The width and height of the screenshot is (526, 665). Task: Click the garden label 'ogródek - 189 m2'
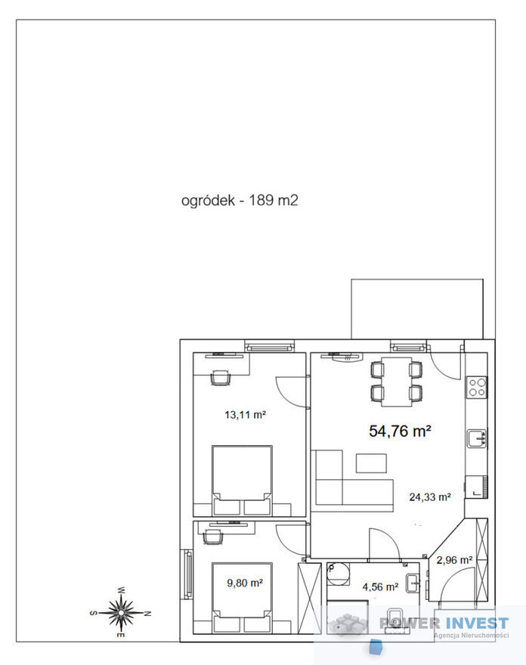pos(240,200)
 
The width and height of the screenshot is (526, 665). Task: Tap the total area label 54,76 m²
pos(400,431)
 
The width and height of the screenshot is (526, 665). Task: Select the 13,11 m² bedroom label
pos(245,414)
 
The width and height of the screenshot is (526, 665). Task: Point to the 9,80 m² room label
pos(245,583)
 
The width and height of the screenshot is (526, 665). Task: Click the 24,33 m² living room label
pos(430,496)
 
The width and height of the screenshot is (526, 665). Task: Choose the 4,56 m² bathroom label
pos(380,587)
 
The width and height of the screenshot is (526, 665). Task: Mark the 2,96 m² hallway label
pos(454,560)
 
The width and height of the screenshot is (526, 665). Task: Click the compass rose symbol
pos(121,612)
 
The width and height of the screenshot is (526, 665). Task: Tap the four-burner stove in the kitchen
pos(477,387)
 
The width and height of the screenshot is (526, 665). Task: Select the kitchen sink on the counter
pos(477,438)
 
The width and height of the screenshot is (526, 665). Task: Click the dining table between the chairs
pos(397,382)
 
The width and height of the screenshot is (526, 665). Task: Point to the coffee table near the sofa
pos(371,463)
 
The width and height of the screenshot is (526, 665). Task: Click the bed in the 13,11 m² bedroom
pos(242,480)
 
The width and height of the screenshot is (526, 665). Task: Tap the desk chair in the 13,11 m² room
pos(221,377)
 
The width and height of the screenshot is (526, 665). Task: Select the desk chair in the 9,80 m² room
pos(213,537)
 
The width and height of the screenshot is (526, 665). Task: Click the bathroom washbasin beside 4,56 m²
pos(413,583)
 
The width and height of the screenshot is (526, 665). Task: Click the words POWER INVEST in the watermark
pos(444,623)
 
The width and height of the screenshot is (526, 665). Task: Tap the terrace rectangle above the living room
pos(417,309)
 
